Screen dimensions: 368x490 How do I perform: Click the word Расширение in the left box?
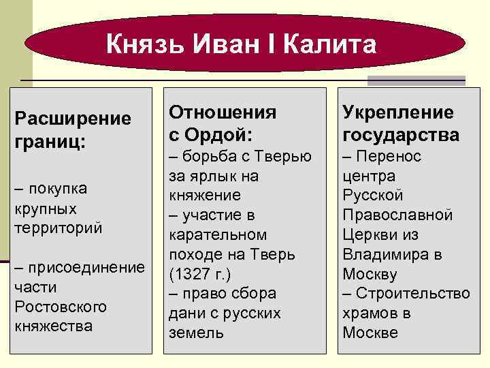click(x=73, y=119)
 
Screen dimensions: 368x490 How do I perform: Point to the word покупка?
click(x=57, y=187)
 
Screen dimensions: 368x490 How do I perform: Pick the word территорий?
click(x=59, y=227)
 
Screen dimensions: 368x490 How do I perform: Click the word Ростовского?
click(x=61, y=307)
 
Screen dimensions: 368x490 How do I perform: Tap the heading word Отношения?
click(x=223, y=111)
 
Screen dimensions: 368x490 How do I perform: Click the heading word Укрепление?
click(x=398, y=112)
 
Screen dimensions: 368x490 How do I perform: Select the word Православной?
click(x=397, y=215)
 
